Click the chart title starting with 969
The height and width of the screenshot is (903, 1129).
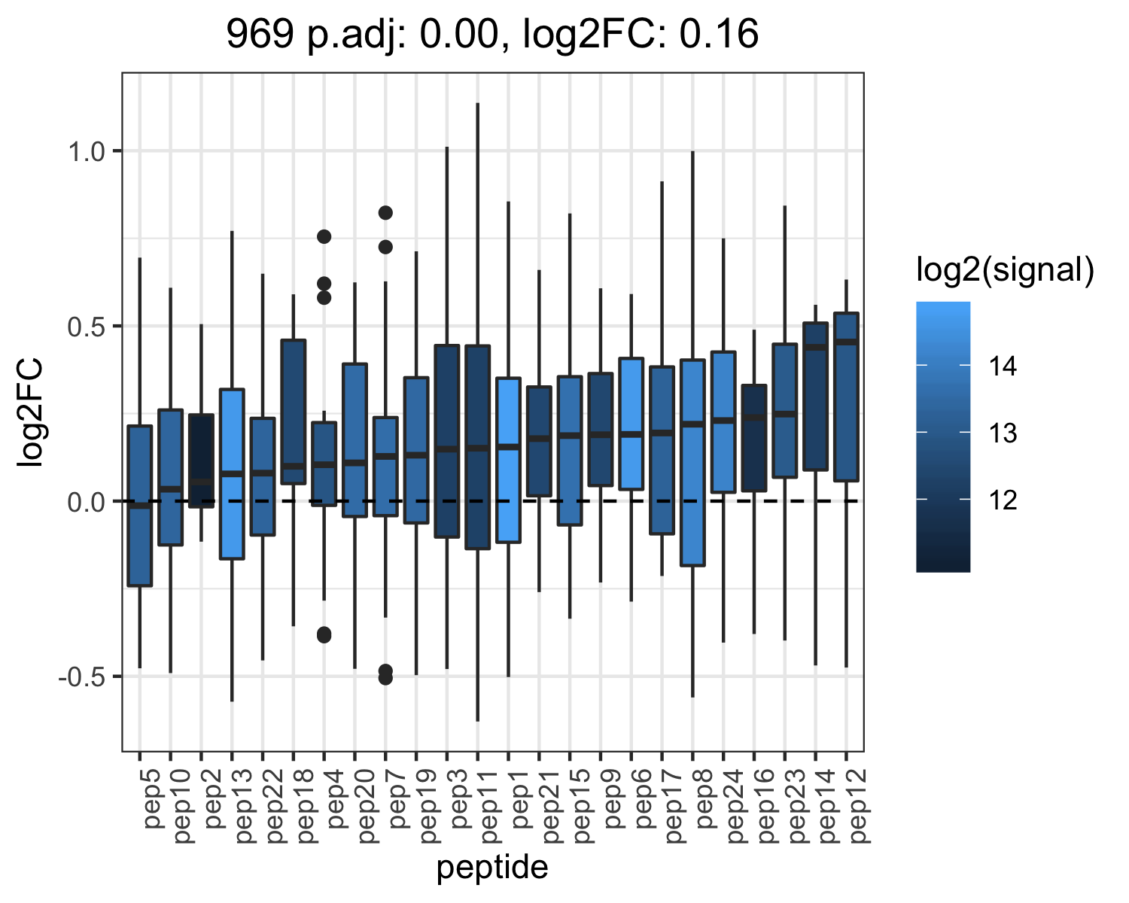coord(492,34)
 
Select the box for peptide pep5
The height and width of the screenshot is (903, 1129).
coord(139,505)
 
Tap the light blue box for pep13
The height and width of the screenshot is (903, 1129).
coord(232,474)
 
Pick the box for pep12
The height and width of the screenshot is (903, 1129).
coord(846,397)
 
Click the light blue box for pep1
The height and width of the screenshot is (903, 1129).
coord(508,460)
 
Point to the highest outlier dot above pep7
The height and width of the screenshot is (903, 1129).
coord(385,212)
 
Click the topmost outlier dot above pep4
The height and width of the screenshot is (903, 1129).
coord(324,236)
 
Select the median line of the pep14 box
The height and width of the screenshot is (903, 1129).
coord(815,348)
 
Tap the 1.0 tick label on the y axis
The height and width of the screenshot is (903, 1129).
coord(87,152)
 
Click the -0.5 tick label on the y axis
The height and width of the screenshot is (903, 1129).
coord(83,676)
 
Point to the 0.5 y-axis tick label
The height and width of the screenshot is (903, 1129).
coord(87,327)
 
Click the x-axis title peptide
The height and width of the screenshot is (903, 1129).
coord(492,868)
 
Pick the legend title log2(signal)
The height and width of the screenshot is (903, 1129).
coord(1006,270)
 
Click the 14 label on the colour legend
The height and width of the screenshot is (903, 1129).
coord(1003,366)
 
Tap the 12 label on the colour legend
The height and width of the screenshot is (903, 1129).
coord(1003,500)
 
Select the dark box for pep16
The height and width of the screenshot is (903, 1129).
coord(754,438)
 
